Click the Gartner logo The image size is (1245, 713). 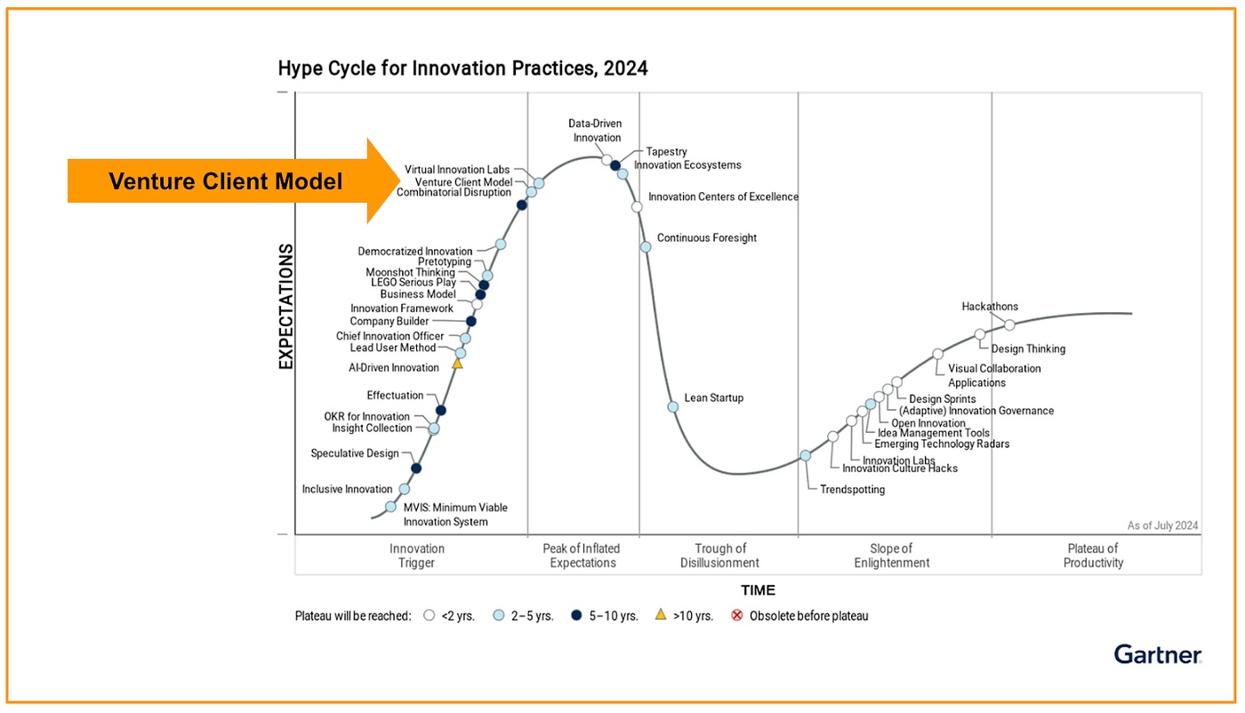point(1157,654)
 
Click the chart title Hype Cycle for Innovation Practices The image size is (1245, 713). point(462,68)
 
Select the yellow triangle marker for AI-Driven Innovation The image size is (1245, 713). point(457,364)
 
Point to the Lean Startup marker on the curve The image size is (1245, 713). point(673,406)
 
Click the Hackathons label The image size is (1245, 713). point(990,307)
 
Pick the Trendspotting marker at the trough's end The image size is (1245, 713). point(805,455)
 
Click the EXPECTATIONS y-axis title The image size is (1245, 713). point(285,306)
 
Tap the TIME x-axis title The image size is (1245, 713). point(758,590)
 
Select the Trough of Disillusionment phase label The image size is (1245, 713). point(719,556)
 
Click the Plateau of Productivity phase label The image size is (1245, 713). point(1093,556)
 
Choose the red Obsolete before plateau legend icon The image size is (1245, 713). point(736,615)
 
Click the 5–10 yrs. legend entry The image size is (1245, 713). point(604,615)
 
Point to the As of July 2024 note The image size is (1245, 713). point(1162,525)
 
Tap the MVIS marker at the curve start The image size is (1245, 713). point(390,507)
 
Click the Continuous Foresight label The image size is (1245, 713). point(706,238)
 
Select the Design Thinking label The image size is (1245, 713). point(1027,349)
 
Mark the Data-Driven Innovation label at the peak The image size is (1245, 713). point(596,131)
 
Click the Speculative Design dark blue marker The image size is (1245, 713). point(415,468)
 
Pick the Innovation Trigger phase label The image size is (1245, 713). point(416,556)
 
